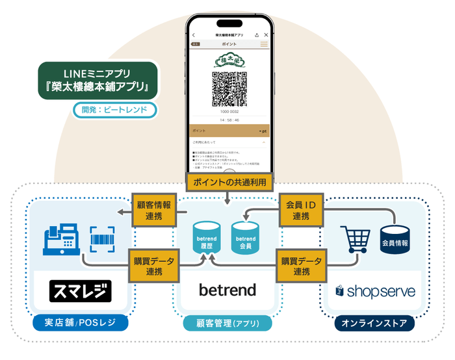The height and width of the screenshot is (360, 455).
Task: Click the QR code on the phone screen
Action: (x=229, y=89)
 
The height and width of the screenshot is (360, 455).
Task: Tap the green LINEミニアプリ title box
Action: (x=97, y=80)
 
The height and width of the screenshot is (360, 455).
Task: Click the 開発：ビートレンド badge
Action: (x=115, y=110)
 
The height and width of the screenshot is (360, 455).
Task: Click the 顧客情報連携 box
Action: (x=154, y=209)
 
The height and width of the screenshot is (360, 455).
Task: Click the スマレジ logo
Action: (x=81, y=290)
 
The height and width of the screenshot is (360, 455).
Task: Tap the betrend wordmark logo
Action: (x=227, y=290)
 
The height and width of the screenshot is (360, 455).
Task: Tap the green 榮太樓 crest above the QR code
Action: (x=229, y=60)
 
